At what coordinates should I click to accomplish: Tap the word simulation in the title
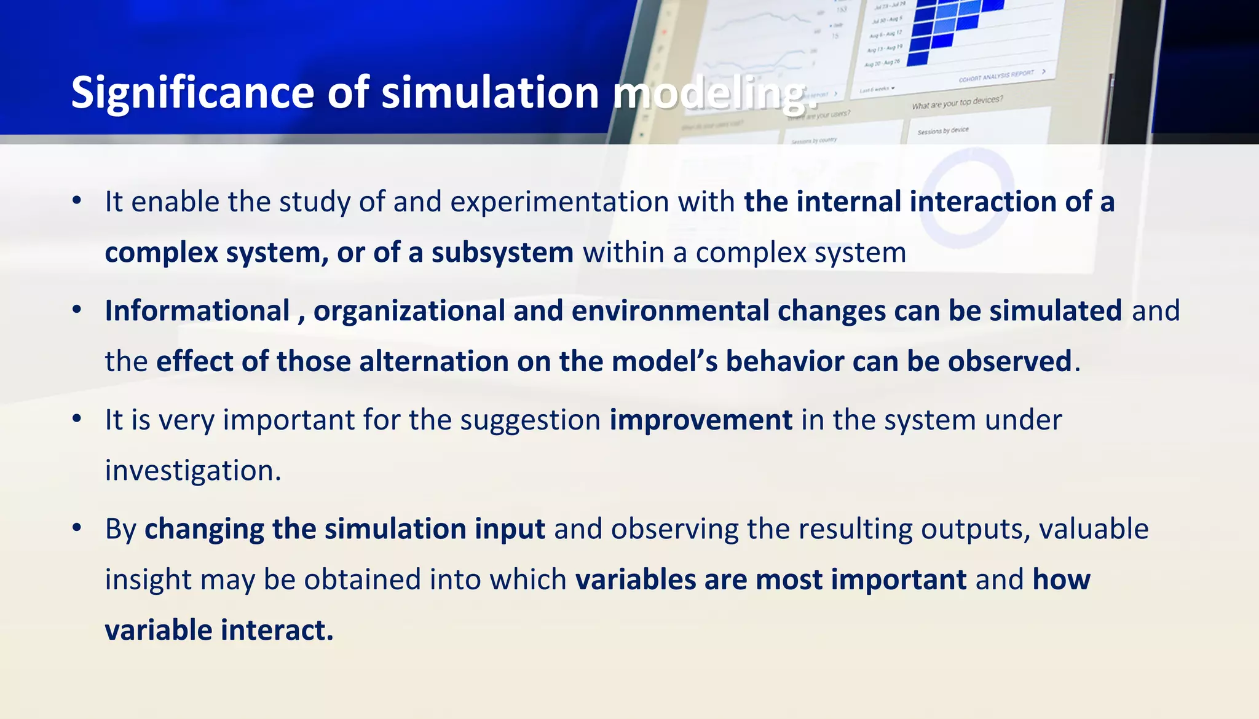[490, 93]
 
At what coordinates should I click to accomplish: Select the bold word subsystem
[502, 253]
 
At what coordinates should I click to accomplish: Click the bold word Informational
[197, 310]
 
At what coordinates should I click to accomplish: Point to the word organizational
[409, 310]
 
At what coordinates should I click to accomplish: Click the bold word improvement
[701, 420]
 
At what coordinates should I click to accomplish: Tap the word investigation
[192, 471]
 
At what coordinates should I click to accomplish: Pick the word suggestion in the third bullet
[530, 420]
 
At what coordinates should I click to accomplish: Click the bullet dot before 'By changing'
[77, 528]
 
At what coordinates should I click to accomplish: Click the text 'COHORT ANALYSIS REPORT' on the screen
[997, 76]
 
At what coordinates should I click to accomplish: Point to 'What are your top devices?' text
[957, 103]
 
